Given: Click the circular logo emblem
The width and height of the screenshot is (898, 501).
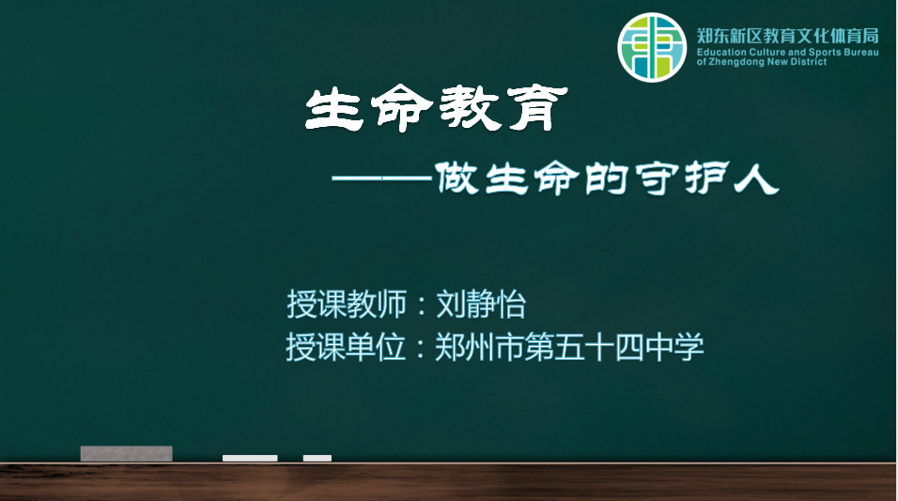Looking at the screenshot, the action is tap(652, 48).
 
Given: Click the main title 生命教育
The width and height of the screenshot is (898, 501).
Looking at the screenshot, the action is tap(437, 108).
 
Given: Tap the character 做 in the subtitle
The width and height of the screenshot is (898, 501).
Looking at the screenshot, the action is tap(457, 179).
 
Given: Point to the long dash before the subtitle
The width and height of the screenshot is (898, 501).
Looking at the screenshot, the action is tap(381, 179).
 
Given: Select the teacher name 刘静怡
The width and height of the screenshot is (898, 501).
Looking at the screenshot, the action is tap(481, 304).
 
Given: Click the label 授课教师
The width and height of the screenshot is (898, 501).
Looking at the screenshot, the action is tap(347, 304).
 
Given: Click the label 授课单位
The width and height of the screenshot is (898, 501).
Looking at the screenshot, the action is tap(346, 347).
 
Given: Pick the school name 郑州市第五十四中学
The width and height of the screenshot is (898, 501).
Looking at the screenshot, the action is tap(569, 347).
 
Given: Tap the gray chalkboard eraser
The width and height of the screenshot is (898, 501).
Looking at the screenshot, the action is tap(127, 453).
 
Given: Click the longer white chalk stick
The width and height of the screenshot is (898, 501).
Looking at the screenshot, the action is tap(250, 458).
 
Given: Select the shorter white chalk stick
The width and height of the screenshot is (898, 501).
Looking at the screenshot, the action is tap(317, 458).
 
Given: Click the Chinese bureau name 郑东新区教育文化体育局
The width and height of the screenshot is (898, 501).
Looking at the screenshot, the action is tap(787, 36).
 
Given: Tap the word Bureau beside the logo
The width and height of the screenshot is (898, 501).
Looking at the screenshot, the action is tap(860, 52).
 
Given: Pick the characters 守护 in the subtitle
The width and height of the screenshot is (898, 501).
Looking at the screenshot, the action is tap(682, 179).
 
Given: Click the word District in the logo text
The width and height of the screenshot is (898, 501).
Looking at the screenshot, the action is tap(809, 62).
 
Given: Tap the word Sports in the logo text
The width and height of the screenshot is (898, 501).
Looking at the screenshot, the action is tap(823, 52).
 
